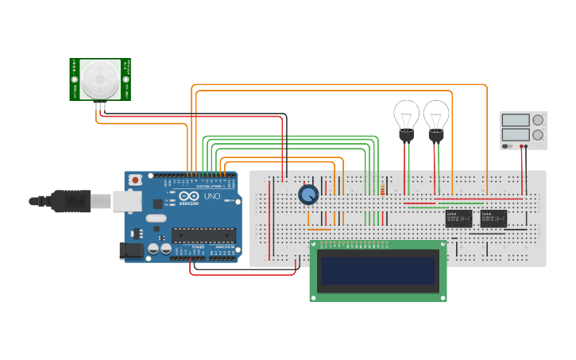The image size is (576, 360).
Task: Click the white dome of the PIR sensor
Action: point(100,79)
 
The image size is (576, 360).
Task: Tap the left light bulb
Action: point(407,116)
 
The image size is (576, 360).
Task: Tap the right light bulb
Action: point(435,116)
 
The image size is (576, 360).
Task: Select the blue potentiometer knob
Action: point(308,194)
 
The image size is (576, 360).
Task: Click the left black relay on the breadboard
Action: point(458,219)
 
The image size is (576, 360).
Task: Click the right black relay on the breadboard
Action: point(493,219)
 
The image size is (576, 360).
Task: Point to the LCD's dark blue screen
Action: point(377,272)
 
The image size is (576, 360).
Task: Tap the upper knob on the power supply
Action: point(539,120)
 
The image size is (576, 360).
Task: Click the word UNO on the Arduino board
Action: point(212,196)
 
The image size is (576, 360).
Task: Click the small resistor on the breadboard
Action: point(383,190)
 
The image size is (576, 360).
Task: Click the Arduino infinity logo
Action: point(187,197)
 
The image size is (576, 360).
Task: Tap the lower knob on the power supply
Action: point(539,135)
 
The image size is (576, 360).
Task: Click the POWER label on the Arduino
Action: point(198,247)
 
